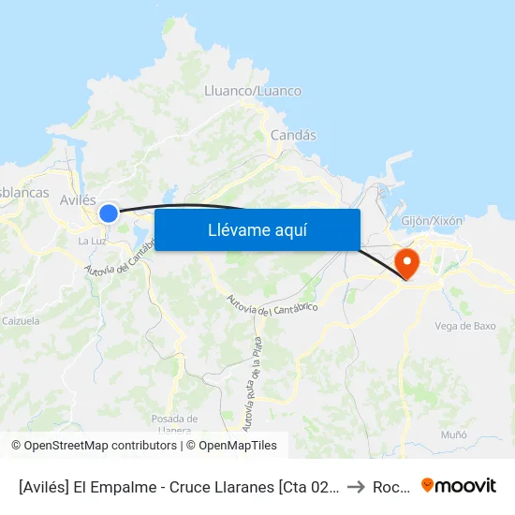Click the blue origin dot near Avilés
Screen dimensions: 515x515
click(109, 213)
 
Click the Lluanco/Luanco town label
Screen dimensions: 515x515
click(253, 91)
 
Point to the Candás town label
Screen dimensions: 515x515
click(293, 135)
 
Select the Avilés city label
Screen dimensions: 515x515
click(78, 199)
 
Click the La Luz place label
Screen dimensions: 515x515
click(91, 241)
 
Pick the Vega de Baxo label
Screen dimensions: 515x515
click(465, 326)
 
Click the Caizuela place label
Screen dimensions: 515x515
click(21, 320)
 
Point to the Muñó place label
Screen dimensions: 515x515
click(453, 435)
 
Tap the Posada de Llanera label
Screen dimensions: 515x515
click(174, 424)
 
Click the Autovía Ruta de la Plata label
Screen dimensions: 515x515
click(251, 383)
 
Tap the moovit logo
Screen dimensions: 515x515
click(459, 486)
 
